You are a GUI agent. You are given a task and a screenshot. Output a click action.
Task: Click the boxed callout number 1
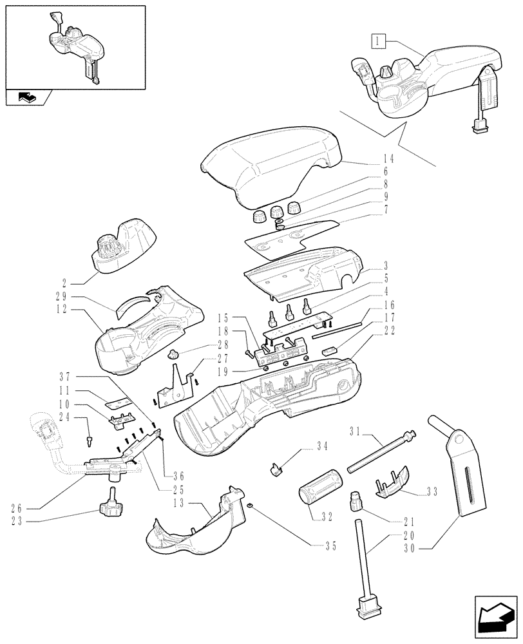377,43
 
